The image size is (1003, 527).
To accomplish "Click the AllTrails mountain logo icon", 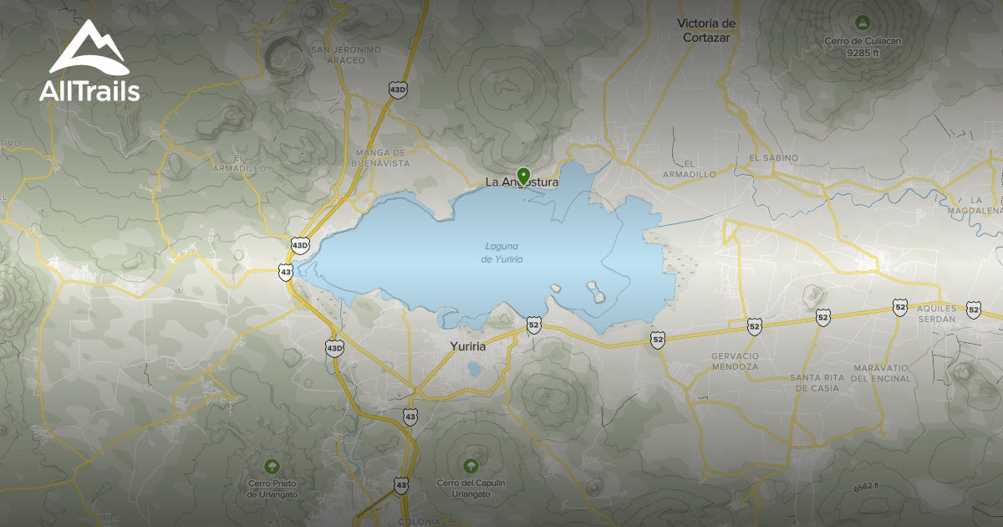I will point(87,49).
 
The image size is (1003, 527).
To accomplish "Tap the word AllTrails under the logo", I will point(89,91).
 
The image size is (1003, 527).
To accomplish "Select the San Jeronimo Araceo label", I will point(345,54).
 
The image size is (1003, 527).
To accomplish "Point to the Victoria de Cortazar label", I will point(706,29).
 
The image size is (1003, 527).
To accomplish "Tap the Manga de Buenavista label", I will point(380,157).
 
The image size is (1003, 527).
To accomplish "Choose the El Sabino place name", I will point(773,157).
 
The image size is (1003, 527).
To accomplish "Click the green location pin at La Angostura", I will point(524,176).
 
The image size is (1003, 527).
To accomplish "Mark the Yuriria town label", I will point(468,345).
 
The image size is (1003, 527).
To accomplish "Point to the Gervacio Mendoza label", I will point(736,361).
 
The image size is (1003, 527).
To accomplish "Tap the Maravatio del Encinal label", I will point(883,373).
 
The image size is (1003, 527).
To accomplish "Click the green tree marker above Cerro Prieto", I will point(271,466).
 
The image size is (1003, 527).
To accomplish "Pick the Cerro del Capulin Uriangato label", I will point(470,488).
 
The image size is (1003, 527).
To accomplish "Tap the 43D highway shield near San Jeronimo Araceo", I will point(397,88).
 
